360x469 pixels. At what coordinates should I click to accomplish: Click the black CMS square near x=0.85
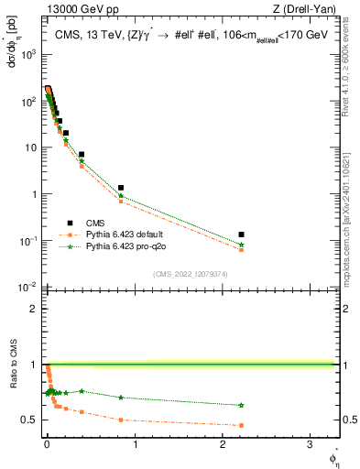click(121, 188)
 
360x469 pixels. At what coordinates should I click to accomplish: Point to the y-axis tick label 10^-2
click(29, 288)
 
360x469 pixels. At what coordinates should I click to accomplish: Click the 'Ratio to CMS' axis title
click(13, 388)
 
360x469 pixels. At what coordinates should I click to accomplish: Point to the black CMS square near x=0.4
click(82, 155)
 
